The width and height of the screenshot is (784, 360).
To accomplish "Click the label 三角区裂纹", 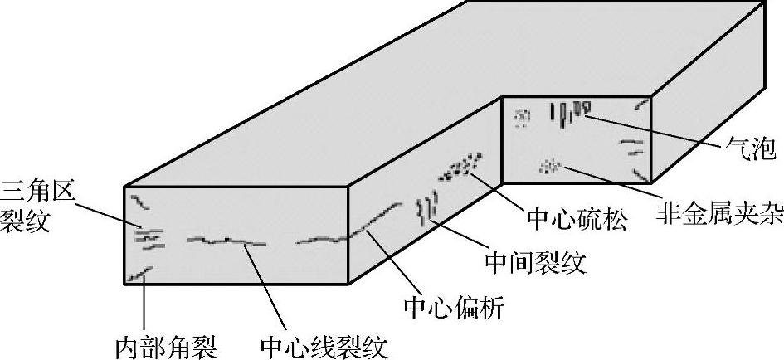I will click(x=38, y=207).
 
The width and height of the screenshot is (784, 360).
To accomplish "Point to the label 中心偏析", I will click(x=453, y=309).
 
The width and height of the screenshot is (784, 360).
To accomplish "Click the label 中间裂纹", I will click(x=534, y=263).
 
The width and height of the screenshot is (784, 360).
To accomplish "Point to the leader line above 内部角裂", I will click(x=145, y=304).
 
